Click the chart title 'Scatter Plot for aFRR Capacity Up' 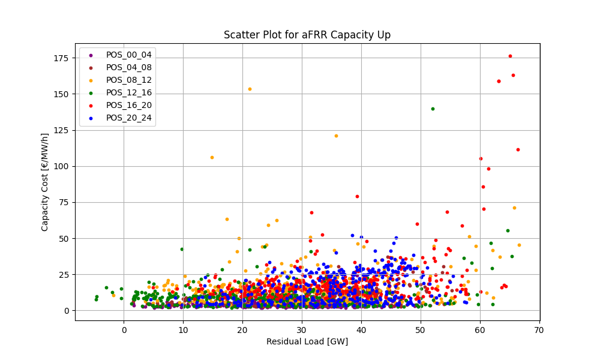[307, 35]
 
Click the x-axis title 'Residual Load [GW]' [307, 341]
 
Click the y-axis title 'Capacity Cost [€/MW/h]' [45, 182]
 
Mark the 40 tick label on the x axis [361, 330]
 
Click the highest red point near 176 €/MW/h [510, 56]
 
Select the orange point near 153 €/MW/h [250, 89]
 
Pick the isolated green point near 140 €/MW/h [433, 109]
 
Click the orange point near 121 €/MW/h [336, 136]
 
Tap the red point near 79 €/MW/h [357, 196]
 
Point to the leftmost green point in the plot [96, 299]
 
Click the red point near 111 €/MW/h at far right [518, 149]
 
